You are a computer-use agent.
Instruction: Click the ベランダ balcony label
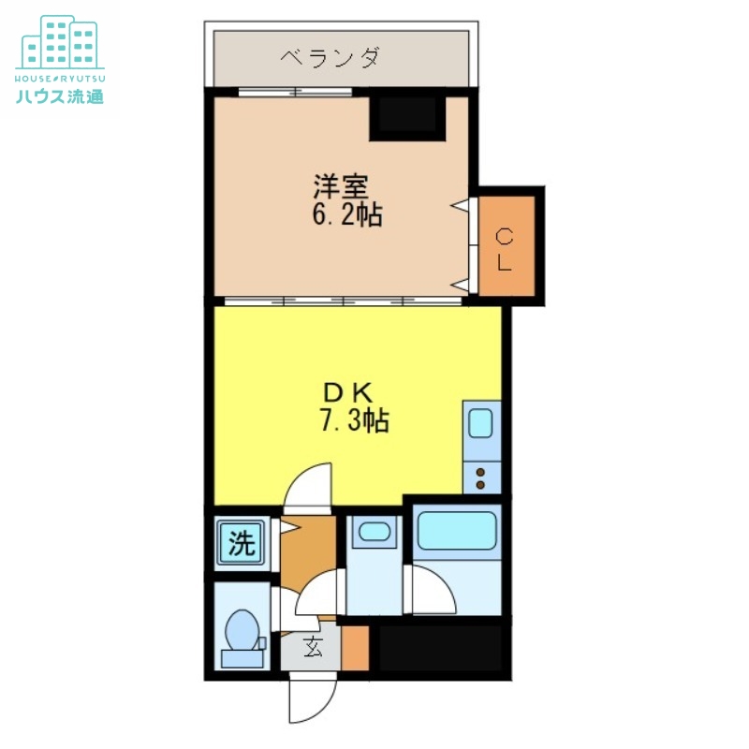pos(330,58)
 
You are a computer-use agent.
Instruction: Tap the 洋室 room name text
pos(334,184)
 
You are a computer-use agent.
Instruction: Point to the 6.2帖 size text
pos(346,215)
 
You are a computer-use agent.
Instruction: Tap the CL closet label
pos(505,249)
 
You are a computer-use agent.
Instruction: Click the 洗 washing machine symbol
pos(242,544)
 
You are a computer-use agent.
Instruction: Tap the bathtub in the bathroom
pos(456,531)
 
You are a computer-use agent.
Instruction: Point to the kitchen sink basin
pos(481,423)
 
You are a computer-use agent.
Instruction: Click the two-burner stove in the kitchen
pos(481,478)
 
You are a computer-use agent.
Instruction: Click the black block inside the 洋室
pos(406,116)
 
